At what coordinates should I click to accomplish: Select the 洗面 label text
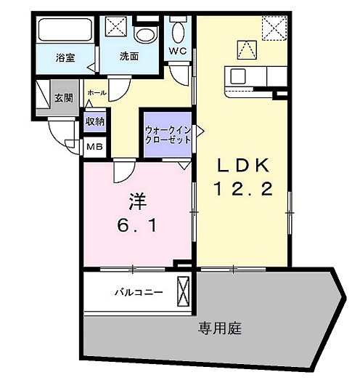130,57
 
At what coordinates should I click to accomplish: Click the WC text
178,51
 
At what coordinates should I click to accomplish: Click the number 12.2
242,190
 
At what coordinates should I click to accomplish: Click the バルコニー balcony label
137,294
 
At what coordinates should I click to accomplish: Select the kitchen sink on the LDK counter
240,75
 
